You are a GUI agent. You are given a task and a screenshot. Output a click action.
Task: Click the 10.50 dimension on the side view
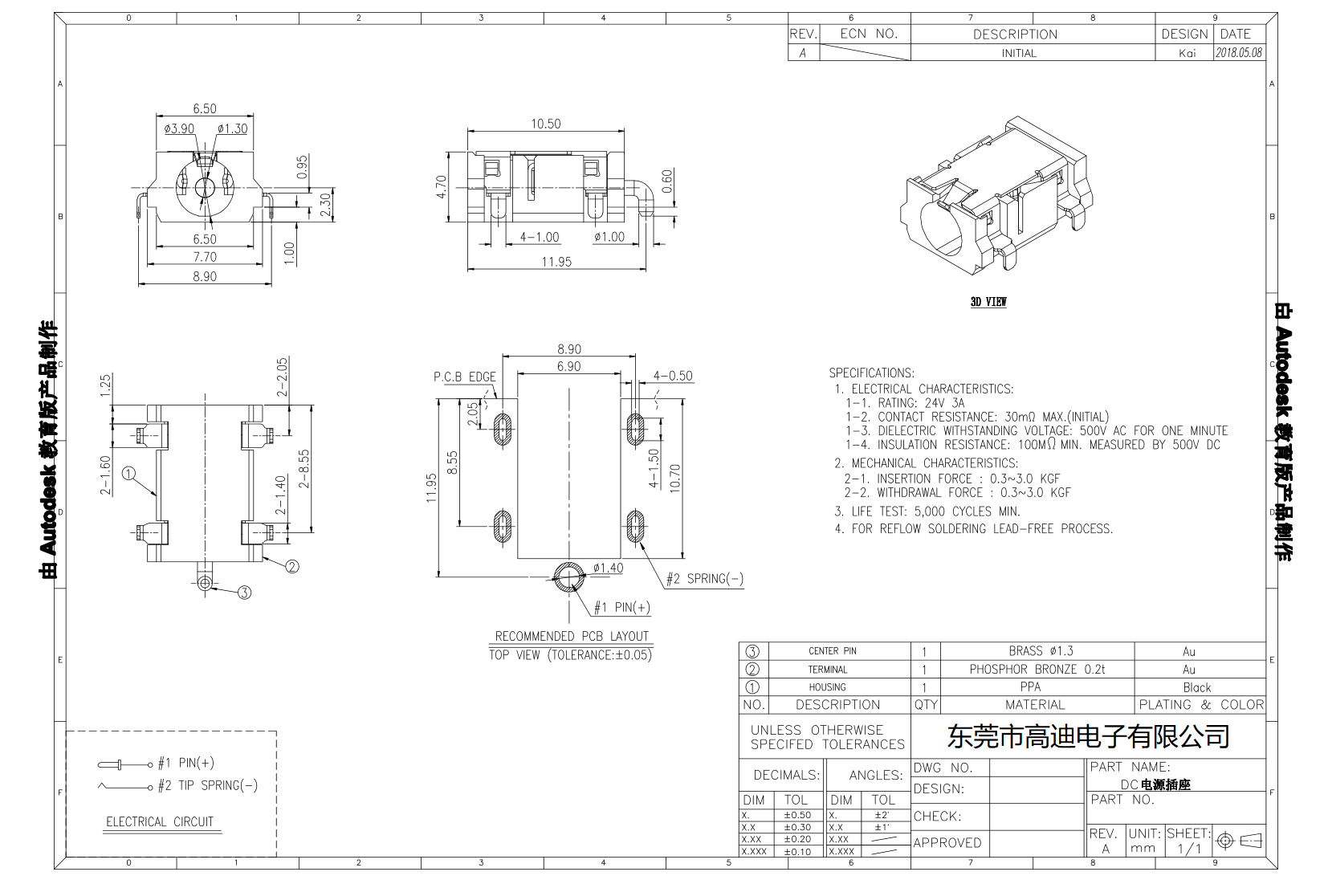coord(545,124)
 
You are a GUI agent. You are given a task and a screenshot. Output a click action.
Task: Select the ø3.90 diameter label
coord(178,128)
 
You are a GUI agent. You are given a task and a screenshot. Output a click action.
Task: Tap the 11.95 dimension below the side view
coord(556,262)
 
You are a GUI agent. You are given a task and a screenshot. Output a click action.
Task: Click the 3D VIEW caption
coord(988,302)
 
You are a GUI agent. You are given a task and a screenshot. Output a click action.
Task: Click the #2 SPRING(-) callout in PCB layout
coord(704,579)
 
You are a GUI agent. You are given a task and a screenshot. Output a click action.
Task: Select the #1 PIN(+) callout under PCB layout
coord(621,608)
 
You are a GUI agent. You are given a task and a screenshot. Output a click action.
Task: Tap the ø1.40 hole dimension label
coord(608,568)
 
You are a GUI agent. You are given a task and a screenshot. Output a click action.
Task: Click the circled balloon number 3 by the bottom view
coord(244,593)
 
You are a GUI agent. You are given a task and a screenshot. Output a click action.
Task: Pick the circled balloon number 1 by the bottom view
coord(128,474)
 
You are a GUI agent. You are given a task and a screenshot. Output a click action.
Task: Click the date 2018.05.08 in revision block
coord(1238,53)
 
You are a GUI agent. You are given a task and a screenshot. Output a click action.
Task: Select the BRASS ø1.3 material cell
coord(1040,651)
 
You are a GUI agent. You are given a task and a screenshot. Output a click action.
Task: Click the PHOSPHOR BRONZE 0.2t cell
coord(1037,669)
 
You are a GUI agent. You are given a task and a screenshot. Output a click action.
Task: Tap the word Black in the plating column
coord(1196,687)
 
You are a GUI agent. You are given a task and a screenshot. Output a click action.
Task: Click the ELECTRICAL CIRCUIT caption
coord(160,821)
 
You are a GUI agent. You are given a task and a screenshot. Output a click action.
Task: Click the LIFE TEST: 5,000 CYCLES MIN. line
coord(927,511)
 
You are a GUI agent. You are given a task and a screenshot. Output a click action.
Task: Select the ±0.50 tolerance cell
coord(796,815)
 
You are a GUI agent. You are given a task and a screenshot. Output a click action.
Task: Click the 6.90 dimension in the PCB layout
coord(568,366)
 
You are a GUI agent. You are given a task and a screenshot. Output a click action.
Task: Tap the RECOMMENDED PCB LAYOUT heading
coord(571,636)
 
